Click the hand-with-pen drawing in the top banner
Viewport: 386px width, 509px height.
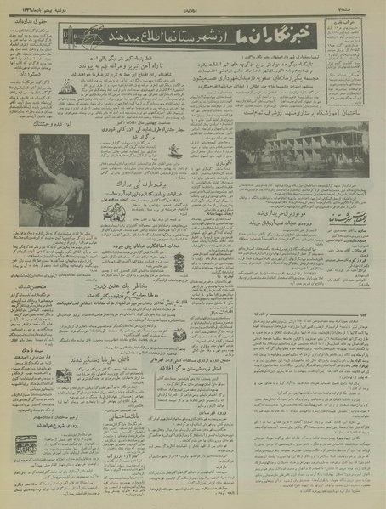click(82, 38)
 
